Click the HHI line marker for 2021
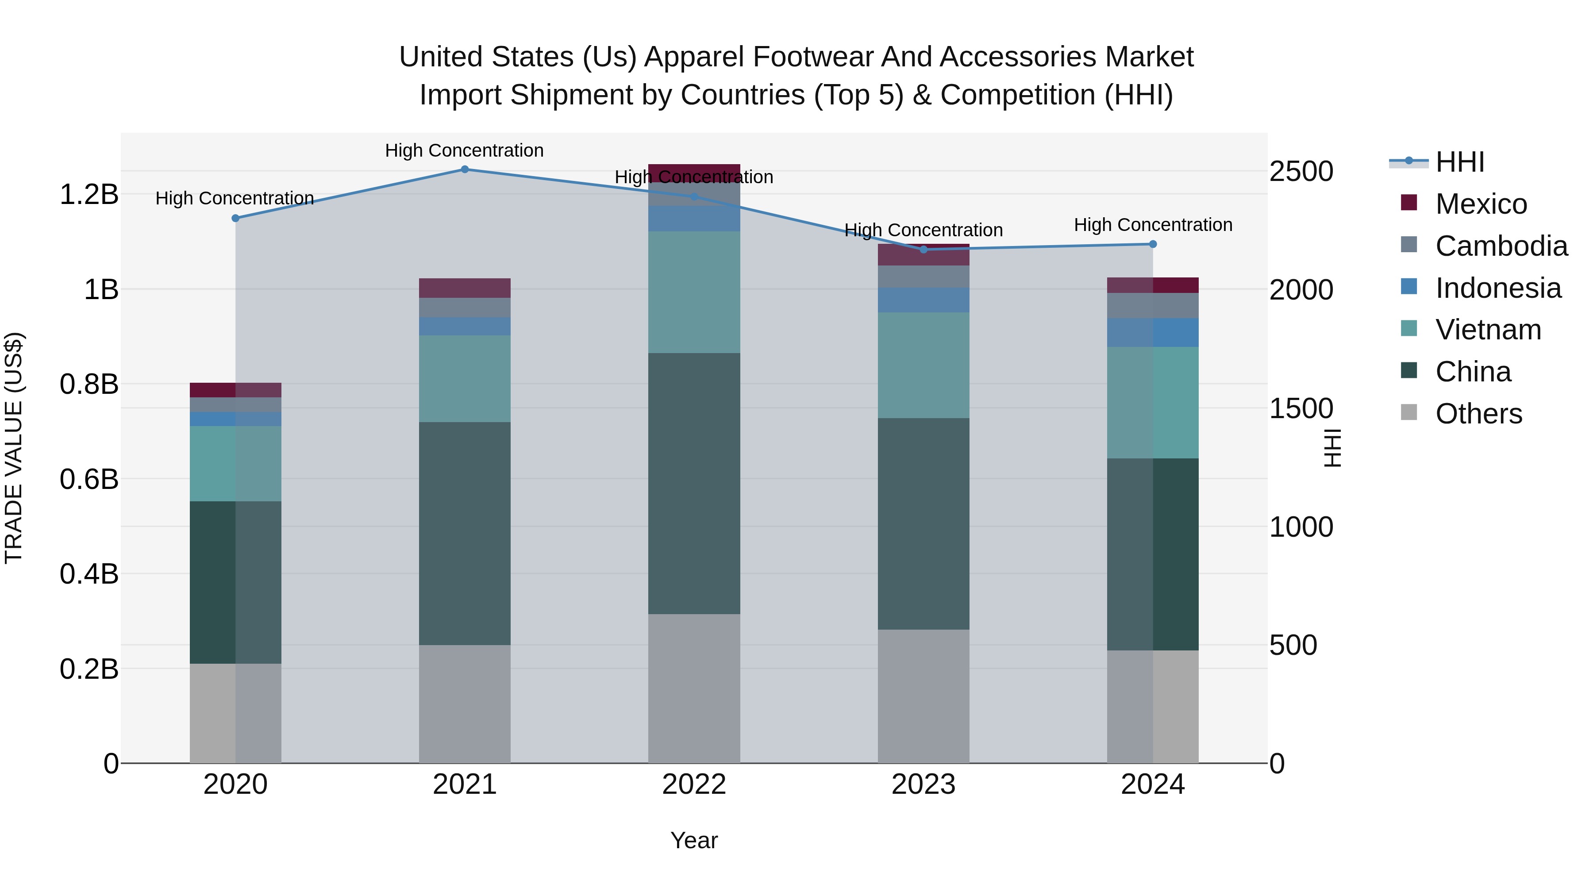(x=465, y=169)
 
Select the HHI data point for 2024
(x=1153, y=244)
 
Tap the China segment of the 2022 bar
(x=694, y=484)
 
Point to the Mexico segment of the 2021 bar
(x=465, y=288)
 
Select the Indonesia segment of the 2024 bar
(x=1153, y=333)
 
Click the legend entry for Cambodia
(x=1501, y=246)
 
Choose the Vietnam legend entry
(x=1488, y=330)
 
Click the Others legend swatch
(x=1409, y=412)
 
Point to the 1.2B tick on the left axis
(x=89, y=195)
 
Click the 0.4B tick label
(x=89, y=574)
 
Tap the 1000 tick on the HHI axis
(x=1301, y=527)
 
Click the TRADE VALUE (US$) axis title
(x=14, y=448)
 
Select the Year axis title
(x=694, y=840)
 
